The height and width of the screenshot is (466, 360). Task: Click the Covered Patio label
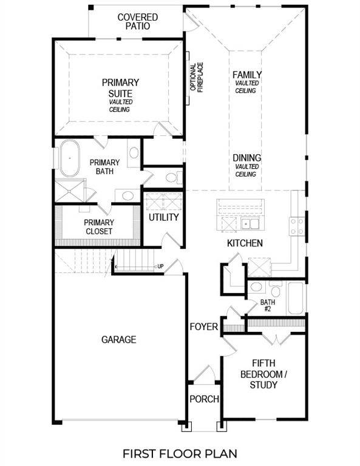[137, 22]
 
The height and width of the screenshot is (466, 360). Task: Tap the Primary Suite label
[120, 88]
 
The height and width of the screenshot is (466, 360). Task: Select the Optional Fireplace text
[197, 78]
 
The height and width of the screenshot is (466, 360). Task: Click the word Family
[247, 75]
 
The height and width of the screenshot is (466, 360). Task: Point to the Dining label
[247, 158]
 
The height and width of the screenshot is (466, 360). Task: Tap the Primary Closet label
[98, 227]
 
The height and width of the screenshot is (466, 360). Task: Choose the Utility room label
[164, 217]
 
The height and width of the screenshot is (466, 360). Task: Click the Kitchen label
[245, 243]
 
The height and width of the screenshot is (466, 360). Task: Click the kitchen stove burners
[297, 226]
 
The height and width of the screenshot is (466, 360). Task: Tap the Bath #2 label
[268, 305]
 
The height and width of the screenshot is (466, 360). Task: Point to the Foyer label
[203, 327]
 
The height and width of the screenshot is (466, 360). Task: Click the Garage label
[118, 340]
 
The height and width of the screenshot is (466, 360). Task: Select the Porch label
[204, 399]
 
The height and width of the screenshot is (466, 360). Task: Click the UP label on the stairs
[160, 266]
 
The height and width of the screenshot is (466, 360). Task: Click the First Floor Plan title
[180, 453]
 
